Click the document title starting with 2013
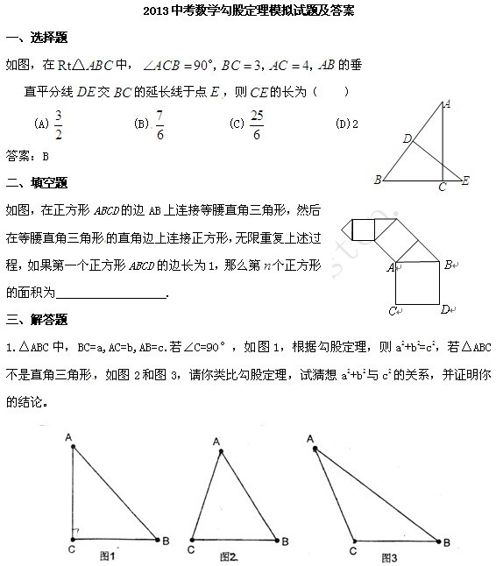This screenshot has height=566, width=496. point(247,12)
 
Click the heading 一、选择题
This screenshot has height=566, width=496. point(37,39)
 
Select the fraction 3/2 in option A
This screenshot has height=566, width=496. point(59,124)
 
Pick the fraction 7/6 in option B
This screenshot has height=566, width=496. point(159,124)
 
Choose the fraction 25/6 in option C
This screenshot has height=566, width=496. point(256,124)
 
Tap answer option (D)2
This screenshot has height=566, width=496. point(347,124)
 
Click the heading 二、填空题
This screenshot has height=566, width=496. point(37,182)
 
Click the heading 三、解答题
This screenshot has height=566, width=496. point(37,319)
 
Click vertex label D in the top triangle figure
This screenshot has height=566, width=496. point(407,138)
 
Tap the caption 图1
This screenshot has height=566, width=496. point(108,555)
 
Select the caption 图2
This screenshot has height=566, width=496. point(230,555)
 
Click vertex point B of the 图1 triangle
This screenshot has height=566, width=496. point(157,540)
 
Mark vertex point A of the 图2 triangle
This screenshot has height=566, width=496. point(221,452)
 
